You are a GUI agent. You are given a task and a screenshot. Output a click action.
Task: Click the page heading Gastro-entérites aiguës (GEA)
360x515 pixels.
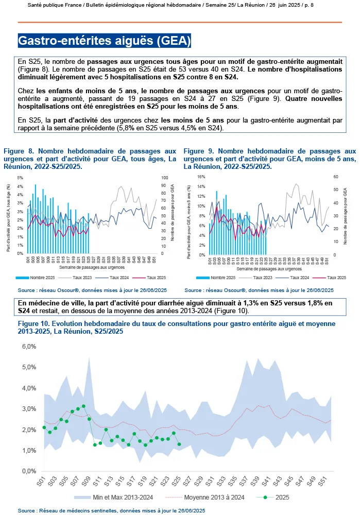[x=105, y=41]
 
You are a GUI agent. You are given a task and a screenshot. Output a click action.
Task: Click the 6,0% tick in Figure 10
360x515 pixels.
[x=28, y=347]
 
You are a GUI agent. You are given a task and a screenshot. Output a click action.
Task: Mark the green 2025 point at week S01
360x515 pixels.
[x=44, y=427]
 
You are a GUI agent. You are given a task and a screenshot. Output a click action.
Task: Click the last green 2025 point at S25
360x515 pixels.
[x=179, y=444]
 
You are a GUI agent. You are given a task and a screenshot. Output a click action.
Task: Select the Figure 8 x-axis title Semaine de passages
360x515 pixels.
[x=90, y=268]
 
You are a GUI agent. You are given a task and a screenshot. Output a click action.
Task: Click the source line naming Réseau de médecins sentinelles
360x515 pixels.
[x=111, y=510]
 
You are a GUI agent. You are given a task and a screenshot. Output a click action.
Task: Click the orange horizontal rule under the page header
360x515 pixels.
[x=180, y=22]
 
